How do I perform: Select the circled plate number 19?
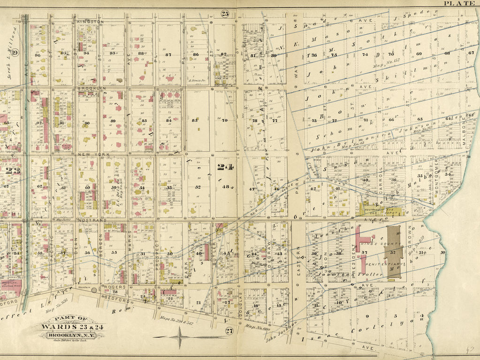(15, 52)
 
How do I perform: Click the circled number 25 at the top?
(225, 14)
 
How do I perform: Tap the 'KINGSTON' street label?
(91, 22)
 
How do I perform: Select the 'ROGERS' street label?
(114, 286)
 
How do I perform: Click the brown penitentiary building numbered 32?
(393, 252)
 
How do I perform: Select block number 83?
(196, 120)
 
